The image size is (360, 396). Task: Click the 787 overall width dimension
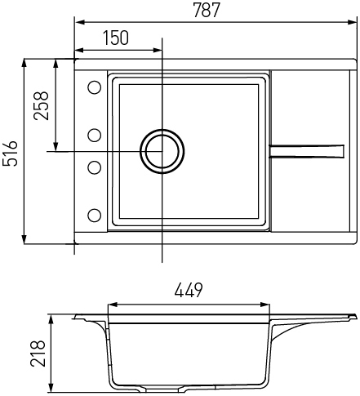(207, 10)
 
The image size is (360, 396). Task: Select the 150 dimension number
(116, 38)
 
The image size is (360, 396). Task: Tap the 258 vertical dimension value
(41, 105)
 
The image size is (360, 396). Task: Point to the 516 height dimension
(10, 154)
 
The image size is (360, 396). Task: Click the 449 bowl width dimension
(189, 290)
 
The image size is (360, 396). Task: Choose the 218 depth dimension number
(38, 353)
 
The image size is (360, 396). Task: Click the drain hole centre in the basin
(162, 151)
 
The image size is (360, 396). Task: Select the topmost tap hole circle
(95, 87)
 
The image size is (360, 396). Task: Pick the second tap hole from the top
(95, 136)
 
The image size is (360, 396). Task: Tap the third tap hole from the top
(95, 167)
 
